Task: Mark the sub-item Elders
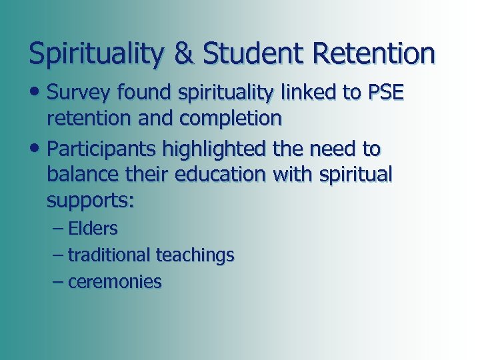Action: [93, 229]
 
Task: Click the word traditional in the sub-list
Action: [109, 255]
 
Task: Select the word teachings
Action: [195, 255]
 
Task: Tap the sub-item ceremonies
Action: [115, 282]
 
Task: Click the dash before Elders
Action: [57, 229]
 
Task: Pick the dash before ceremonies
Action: [57, 282]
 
